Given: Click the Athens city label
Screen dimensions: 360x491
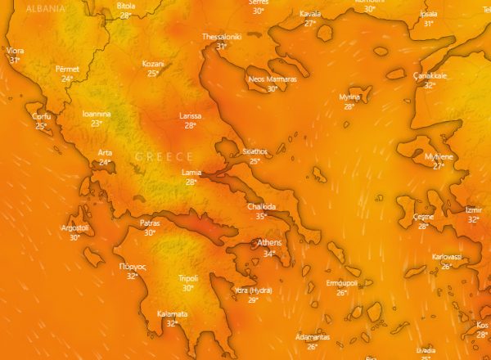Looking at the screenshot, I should (x=269, y=243).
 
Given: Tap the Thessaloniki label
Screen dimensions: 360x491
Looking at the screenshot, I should (x=222, y=37).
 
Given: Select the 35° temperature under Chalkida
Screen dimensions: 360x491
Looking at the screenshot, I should (x=261, y=216).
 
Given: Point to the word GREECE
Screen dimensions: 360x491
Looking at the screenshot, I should (x=164, y=156).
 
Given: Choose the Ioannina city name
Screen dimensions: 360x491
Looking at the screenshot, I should (x=97, y=114).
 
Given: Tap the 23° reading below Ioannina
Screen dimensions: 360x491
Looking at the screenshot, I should (x=97, y=124).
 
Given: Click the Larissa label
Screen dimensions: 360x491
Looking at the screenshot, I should (x=190, y=116).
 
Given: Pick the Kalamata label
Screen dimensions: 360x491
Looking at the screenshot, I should (x=173, y=313).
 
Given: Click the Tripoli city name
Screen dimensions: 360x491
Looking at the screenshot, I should (x=188, y=278).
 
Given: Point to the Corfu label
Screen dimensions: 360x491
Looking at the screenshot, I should (x=42, y=117).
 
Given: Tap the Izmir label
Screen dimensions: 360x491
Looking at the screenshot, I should (x=474, y=209).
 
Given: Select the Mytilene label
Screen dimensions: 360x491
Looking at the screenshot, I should (x=439, y=155).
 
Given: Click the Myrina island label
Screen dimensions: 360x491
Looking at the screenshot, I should (x=349, y=97).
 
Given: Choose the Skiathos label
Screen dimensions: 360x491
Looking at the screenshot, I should (x=255, y=151).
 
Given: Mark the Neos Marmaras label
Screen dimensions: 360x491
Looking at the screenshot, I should (x=273, y=79).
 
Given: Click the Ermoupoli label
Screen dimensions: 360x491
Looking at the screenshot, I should (x=342, y=282).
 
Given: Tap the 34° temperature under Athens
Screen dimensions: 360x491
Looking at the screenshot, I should (x=269, y=254).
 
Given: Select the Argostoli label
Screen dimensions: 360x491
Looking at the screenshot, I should (x=74, y=227).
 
